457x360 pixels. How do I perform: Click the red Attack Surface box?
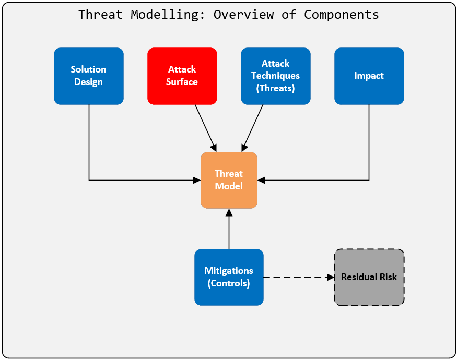pyautogui.click(x=182, y=76)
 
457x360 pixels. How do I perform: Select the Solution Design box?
pyautogui.click(x=89, y=76)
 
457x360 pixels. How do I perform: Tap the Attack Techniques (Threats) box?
pyautogui.click(x=275, y=76)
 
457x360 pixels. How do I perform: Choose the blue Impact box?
pyautogui.click(x=369, y=76)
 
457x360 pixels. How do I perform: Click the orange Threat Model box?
pyautogui.click(x=229, y=180)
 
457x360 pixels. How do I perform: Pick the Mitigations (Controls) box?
pyautogui.click(x=229, y=277)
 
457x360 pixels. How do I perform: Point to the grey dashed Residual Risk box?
pyautogui.click(x=369, y=277)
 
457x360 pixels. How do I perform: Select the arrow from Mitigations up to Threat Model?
pyautogui.click(x=229, y=230)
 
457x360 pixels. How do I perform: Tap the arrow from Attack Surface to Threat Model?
pyautogui.click(x=205, y=127)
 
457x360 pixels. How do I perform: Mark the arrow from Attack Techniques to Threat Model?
pyautogui.click(x=253, y=127)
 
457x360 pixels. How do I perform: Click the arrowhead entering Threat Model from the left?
pyautogui.click(x=197, y=180)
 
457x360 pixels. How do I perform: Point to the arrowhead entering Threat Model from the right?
pyautogui.click(x=261, y=180)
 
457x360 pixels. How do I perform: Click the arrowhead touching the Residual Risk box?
pyautogui.click(x=331, y=277)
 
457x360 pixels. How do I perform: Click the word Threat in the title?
pyautogui.click(x=100, y=14)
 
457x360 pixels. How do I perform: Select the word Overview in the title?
pyautogui.click(x=243, y=14)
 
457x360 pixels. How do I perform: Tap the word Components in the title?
pyautogui.click(x=342, y=14)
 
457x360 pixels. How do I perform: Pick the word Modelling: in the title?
pyautogui.click(x=168, y=14)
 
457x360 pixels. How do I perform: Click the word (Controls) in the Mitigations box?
pyautogui.click(x=229, y=284)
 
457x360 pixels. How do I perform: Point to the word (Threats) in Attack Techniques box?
pyautogui.click(x=275, y=88)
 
